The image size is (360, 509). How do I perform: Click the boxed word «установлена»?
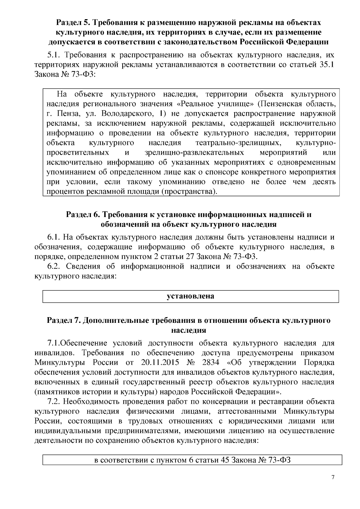(190, 296)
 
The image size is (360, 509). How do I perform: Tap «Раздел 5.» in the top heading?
(73, 22)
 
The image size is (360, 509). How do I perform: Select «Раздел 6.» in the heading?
(82, 215)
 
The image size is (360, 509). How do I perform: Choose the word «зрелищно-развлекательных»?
(194, 153)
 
